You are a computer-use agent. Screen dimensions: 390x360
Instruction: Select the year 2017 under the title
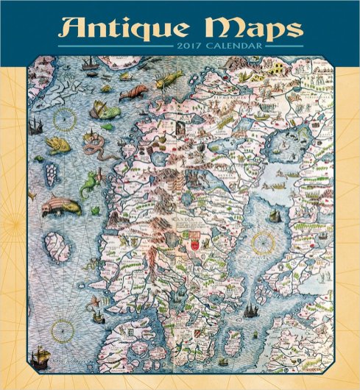point(193,49)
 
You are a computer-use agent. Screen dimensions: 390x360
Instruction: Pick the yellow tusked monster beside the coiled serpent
point(57,143)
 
